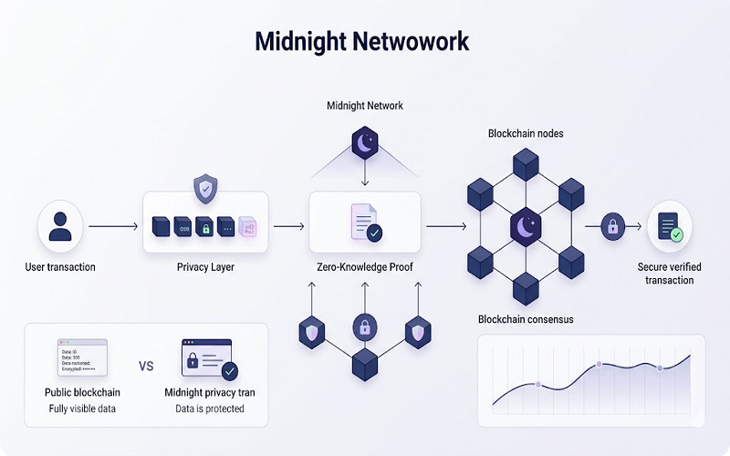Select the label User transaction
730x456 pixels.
[60, 267]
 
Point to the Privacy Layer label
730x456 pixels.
[205, 267]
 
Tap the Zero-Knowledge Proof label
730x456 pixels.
[365, 267]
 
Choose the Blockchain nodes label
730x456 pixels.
[526, 133]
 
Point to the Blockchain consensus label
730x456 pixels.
[525, 318]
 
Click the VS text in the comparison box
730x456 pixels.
[146, 367]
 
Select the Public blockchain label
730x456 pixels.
[83, 392]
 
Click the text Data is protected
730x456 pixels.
[210, 409]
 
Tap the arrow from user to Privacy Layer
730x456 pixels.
[112, 225]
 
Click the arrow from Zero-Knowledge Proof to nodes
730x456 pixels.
[445, 225]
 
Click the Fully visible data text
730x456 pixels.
[83, 409]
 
